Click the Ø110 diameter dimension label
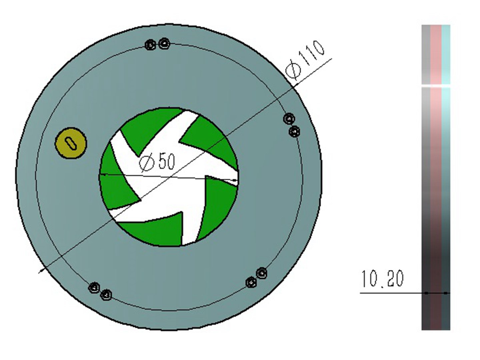[305, 60]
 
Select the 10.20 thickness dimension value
[382, 279]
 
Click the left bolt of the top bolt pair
[151, 45]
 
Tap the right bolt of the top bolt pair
[164, 43]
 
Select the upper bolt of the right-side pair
[289, 118]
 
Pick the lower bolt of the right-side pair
[294, 132]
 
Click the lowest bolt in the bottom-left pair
[106, 295]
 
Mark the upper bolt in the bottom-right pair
[262, 273]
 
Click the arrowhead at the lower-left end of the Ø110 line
[42, 270]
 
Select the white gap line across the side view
[436, 86]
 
